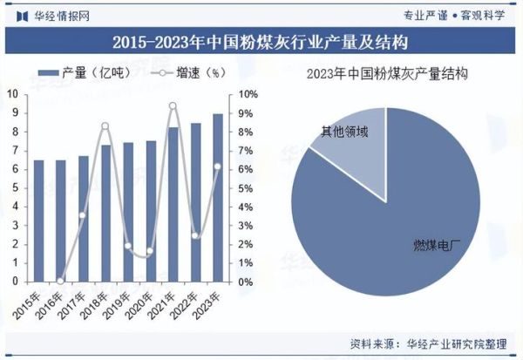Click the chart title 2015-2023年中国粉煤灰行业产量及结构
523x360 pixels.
(261, 41)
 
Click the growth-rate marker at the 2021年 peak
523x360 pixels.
(173, 106)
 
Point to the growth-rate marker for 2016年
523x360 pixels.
(60, 281)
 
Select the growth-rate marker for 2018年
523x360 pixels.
(105, 126)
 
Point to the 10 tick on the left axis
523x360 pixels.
(13, 93)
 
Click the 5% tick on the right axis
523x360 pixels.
(248, 188)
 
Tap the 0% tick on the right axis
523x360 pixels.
(248, 282)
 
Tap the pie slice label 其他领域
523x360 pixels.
(344, 132)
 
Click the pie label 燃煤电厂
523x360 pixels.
(431, 245)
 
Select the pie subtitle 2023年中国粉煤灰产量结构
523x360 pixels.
(387, 74)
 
